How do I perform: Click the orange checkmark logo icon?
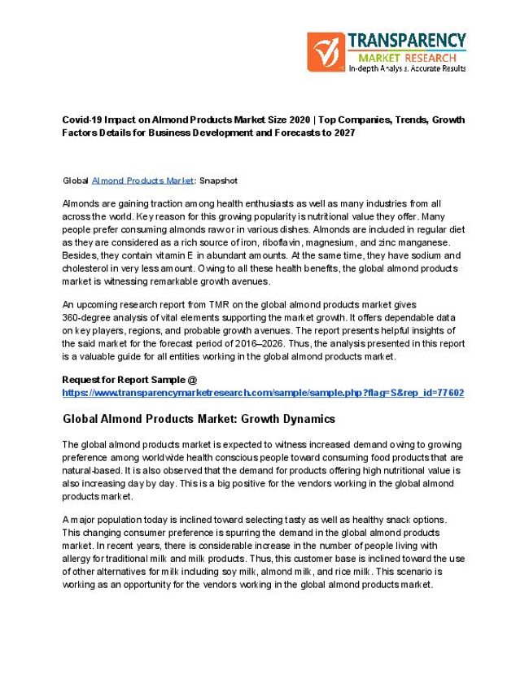click(x=325, y=50)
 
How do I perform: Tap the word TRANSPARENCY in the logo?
click(x=407, y=41)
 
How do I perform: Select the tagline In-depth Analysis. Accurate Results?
click(x=407, y=69)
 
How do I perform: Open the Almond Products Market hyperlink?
click(x=143, y=180)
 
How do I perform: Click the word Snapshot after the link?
click(x=218, y=180)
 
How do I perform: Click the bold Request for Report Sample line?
click(x=129, y=380)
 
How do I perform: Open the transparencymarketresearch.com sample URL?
click(x=263, y=392)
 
